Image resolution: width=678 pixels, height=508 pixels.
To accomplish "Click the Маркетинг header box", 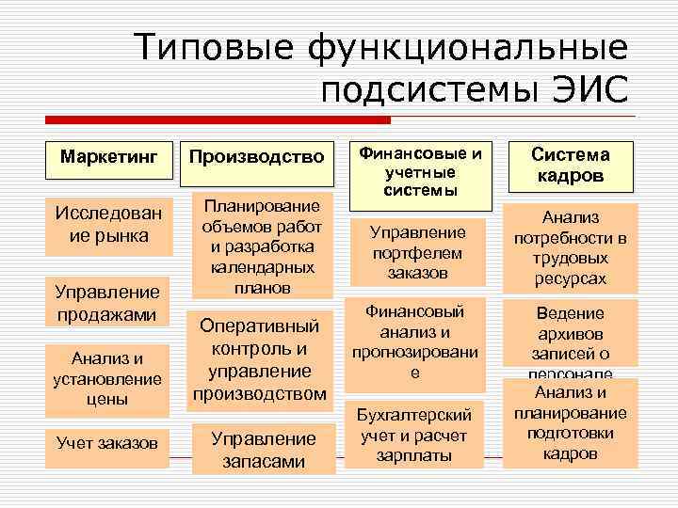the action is point(108,154).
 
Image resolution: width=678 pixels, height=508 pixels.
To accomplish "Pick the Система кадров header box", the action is point(571,165).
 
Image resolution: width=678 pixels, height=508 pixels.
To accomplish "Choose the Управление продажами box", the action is point(109,301).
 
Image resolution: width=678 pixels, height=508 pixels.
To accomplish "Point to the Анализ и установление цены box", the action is point(109,377).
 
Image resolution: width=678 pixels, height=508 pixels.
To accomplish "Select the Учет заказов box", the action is point(107,442).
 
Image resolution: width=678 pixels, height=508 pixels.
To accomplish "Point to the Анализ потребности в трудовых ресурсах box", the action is point(570,246).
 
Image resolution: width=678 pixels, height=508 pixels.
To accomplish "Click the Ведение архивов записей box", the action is point(570,337).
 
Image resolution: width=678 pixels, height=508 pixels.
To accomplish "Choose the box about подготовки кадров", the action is point(570,423).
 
